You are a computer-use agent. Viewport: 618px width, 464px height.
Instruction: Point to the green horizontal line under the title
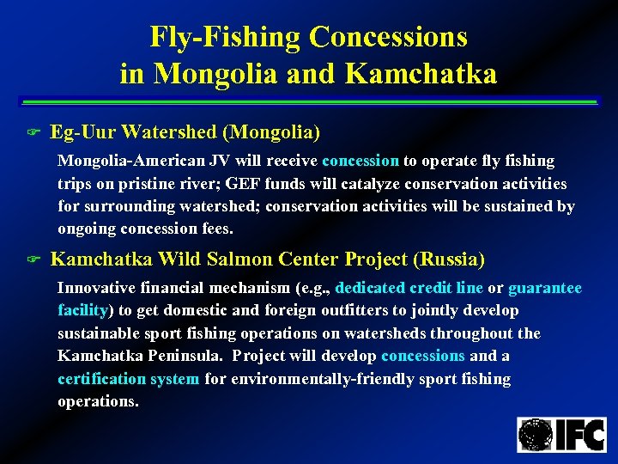pos(308,103)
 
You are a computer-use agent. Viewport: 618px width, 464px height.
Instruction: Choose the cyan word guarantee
pos(545,288)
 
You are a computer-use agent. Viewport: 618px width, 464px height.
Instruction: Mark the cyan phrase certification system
pos(128,379)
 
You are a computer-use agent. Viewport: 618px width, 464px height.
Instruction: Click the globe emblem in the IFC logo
pos(536,435)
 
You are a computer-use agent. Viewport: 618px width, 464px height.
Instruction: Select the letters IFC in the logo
pos(580,435)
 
